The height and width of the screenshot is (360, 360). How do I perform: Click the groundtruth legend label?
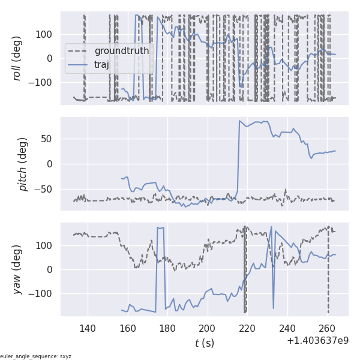pos(121,51)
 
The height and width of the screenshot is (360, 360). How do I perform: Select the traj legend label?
pos(101,64)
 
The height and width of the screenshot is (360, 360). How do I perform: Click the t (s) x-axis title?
pos(204,343)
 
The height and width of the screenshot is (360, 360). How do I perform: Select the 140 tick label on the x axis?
pos(88,328)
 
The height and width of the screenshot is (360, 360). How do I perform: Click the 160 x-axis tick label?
pos(127,328)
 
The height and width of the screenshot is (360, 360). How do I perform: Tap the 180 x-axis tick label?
pos(167,328)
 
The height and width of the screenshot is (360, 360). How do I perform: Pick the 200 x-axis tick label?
pos(207,328)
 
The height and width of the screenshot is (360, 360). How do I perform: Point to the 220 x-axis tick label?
pos(247,328)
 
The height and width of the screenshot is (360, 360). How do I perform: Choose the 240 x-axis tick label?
pos(287,328)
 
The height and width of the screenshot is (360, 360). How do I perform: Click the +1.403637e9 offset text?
pos(317,340)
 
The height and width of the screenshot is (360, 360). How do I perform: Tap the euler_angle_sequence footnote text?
pos(36,356)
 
